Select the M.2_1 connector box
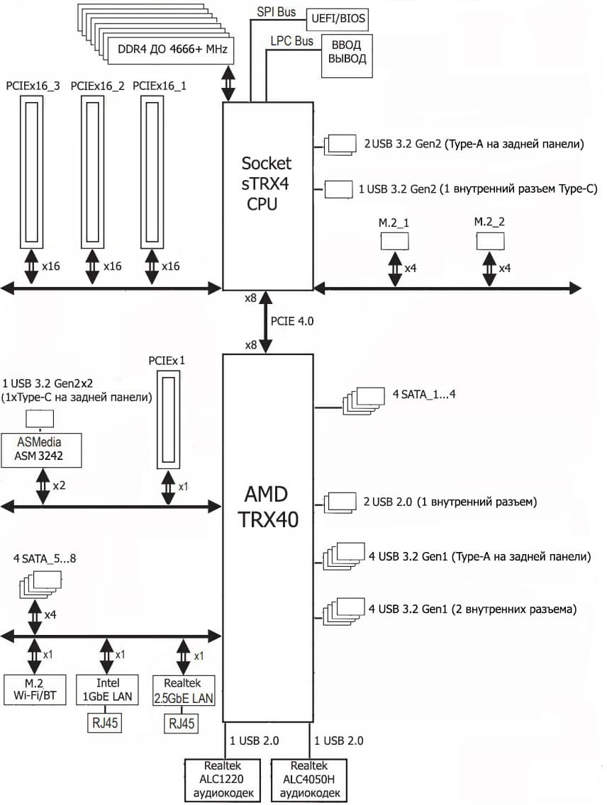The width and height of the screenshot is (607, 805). (395, 241)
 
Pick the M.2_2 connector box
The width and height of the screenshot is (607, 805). (490, 241)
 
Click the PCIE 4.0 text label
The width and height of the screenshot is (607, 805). (292, 321)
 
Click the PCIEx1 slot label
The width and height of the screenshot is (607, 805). (167, 360)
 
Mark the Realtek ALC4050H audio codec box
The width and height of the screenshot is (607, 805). (308, 780)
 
